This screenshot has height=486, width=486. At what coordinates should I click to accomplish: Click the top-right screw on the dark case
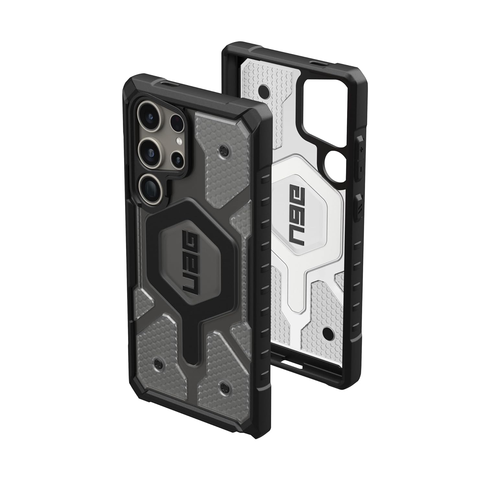pyautogui.click(x=223, y=149)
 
